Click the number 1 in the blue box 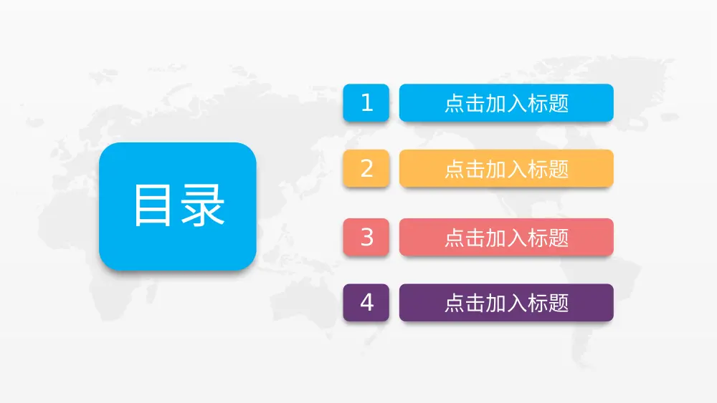click(x=366, y=103)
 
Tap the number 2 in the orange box click(x=366, y=169)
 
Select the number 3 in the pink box click(x=366, y=237)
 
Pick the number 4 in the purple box click(x=366, y=303)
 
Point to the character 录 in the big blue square click(x=203, y=206)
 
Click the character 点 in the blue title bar click(x=455, y=103)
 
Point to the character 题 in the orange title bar click(x=559, y=169)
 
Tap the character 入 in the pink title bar click(x=517, y=237)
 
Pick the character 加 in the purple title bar click(x=496, y=303)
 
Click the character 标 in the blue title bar click(x=538, y=103)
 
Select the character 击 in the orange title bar click(x=475, y=169)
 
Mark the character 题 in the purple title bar click(x=559, y=303)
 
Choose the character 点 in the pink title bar click(x=455, y=237)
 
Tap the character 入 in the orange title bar click(x=517, y=169)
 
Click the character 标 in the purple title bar click(x=538, y=303)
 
